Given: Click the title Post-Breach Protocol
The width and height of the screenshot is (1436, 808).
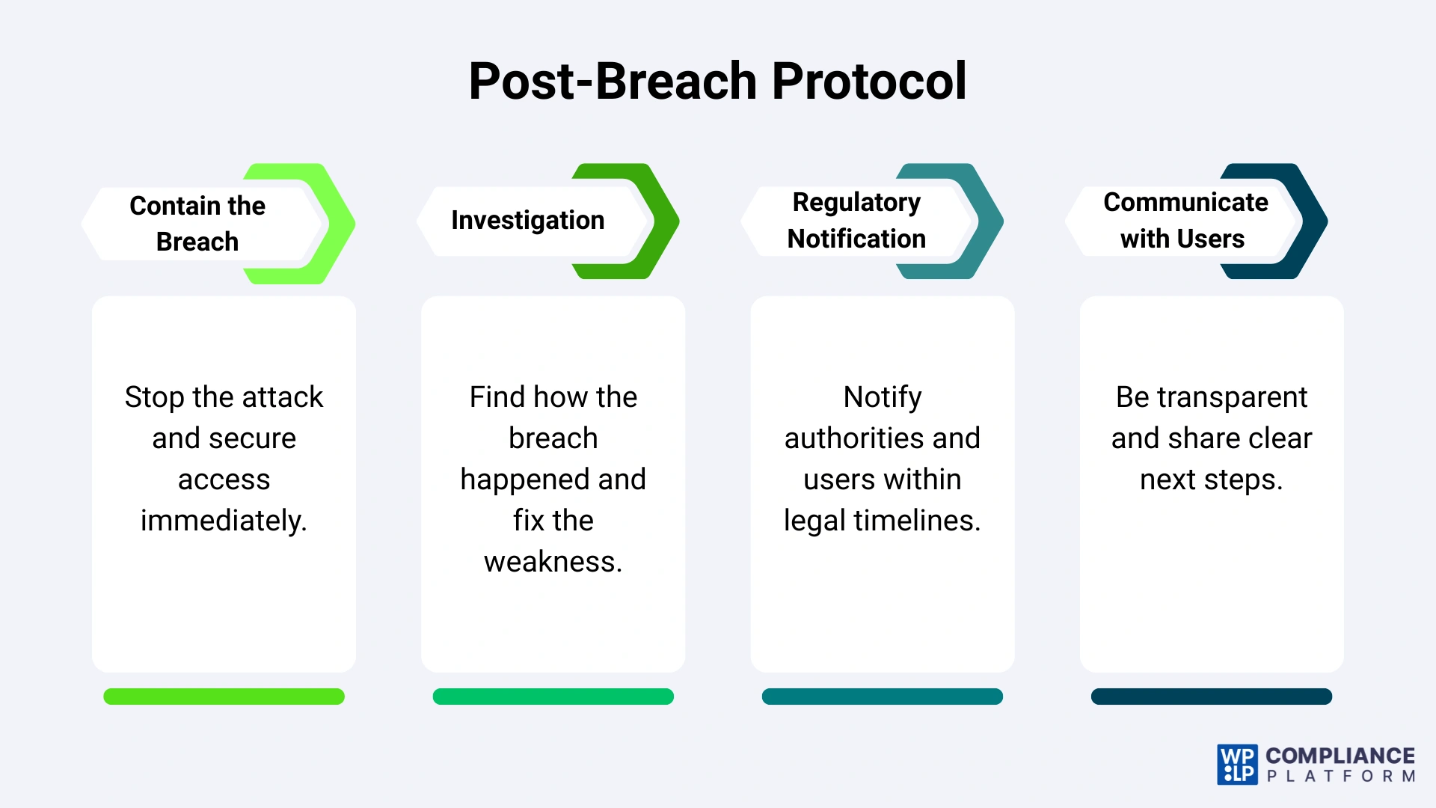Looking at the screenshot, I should click(717, 81).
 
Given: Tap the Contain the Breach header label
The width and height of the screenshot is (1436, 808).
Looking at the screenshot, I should click(197, 223).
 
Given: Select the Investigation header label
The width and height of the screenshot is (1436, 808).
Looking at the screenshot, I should click(527, 220).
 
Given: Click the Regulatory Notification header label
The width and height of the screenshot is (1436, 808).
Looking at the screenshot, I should click(856, 220).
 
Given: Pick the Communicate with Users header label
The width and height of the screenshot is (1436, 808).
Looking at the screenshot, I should click(1185, 220).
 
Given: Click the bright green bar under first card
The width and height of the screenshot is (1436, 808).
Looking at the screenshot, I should click(224, 697).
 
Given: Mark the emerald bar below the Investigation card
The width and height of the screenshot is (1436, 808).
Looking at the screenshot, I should click(553, 697).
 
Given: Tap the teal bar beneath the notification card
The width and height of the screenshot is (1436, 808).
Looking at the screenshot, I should click(882, 697).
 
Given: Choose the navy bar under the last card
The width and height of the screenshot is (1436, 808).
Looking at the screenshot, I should click(1211, 697).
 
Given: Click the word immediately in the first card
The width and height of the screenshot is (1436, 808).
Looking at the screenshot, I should click(224, 521).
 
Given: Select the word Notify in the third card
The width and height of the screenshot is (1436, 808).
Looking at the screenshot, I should click(883, 397).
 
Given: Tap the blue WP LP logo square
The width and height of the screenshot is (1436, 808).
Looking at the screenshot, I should click(1237, 765).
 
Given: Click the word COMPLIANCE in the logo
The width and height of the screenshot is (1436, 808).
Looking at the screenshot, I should click(1340, 756).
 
